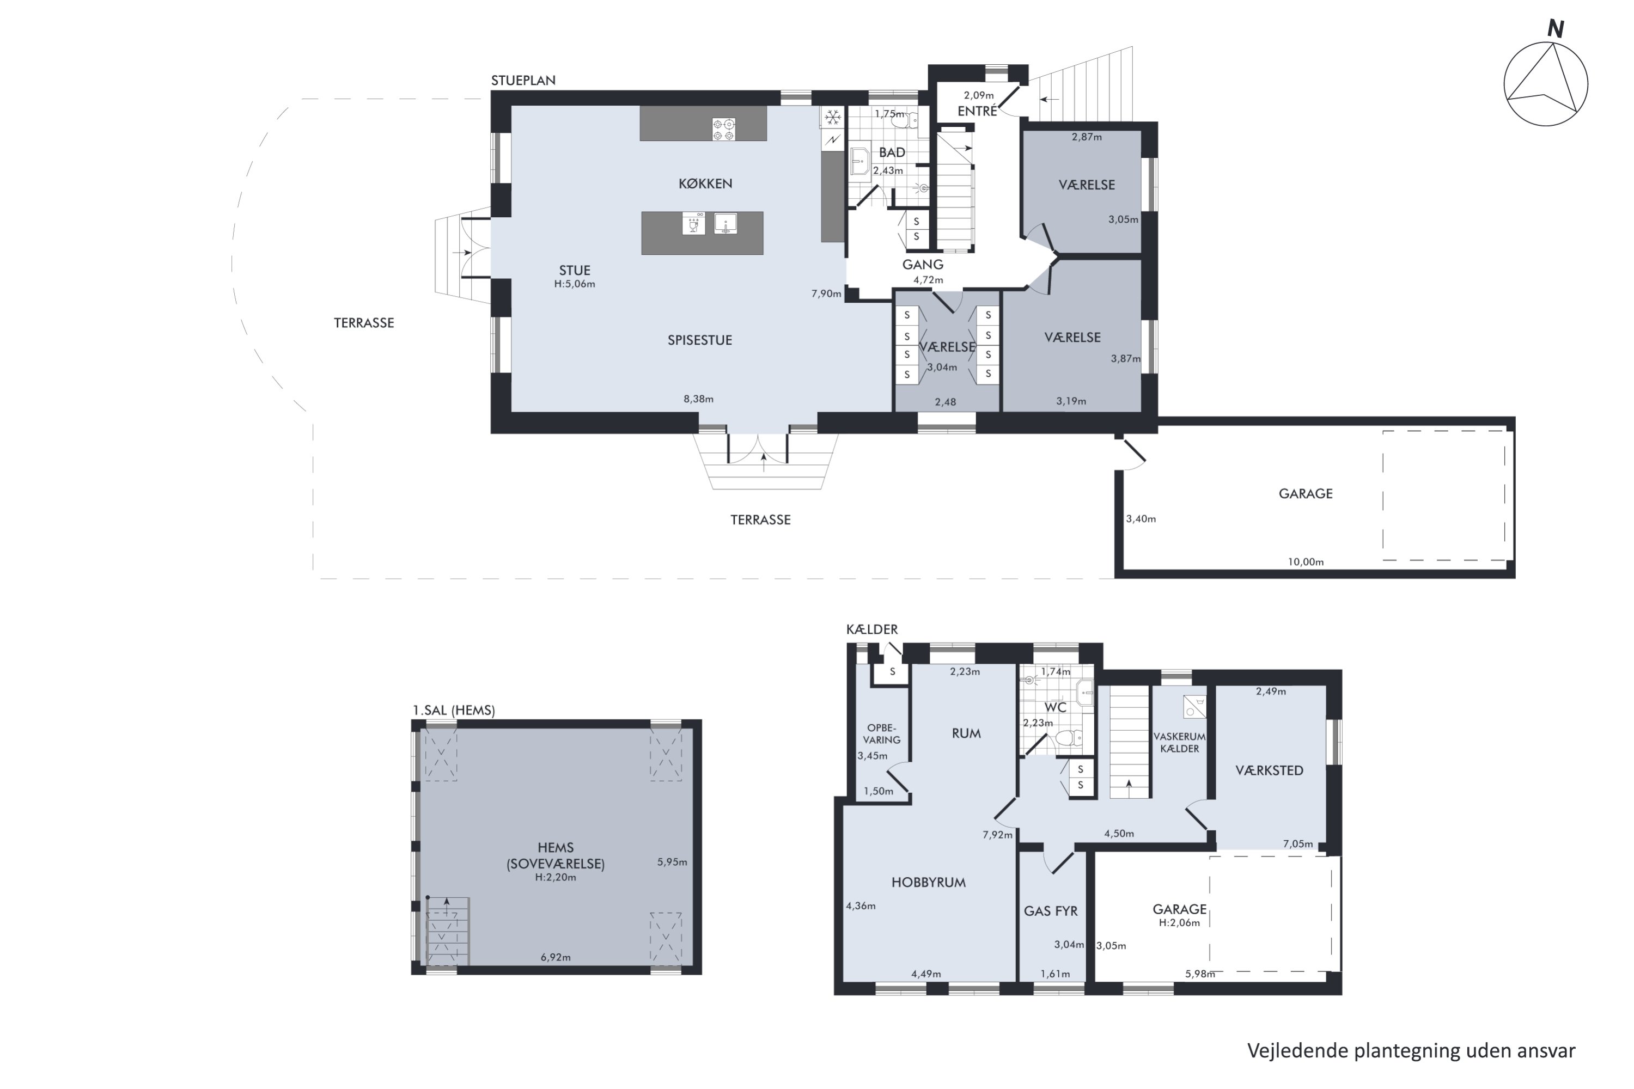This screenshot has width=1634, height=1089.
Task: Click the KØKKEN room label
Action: [705, 183]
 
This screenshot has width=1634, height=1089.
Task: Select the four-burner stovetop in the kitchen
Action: [723, 129]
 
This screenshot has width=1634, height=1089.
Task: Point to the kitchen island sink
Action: [725, 224]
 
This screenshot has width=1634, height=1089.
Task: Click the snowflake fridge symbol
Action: [833, 118]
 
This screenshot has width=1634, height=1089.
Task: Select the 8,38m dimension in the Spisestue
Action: [698, 399]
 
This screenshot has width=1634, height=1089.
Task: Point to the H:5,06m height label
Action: [575, 284]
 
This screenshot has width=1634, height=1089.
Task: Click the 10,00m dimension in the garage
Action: [1306, 562]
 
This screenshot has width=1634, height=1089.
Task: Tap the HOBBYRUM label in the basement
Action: [928, 883]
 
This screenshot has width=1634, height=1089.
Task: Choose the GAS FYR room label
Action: [1051, 911]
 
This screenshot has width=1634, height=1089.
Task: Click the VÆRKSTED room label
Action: [1269, 770]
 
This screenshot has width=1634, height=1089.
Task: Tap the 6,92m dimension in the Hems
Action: [556, 958]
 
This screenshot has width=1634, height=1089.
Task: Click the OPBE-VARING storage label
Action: [882, 734]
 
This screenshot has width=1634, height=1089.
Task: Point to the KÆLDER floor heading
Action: [872, 629]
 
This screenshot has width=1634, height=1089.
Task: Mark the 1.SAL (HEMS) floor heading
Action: [454, 711]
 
